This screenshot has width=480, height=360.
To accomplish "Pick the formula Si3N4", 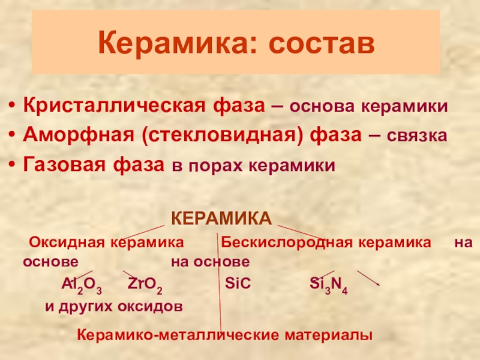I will (328, 285).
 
